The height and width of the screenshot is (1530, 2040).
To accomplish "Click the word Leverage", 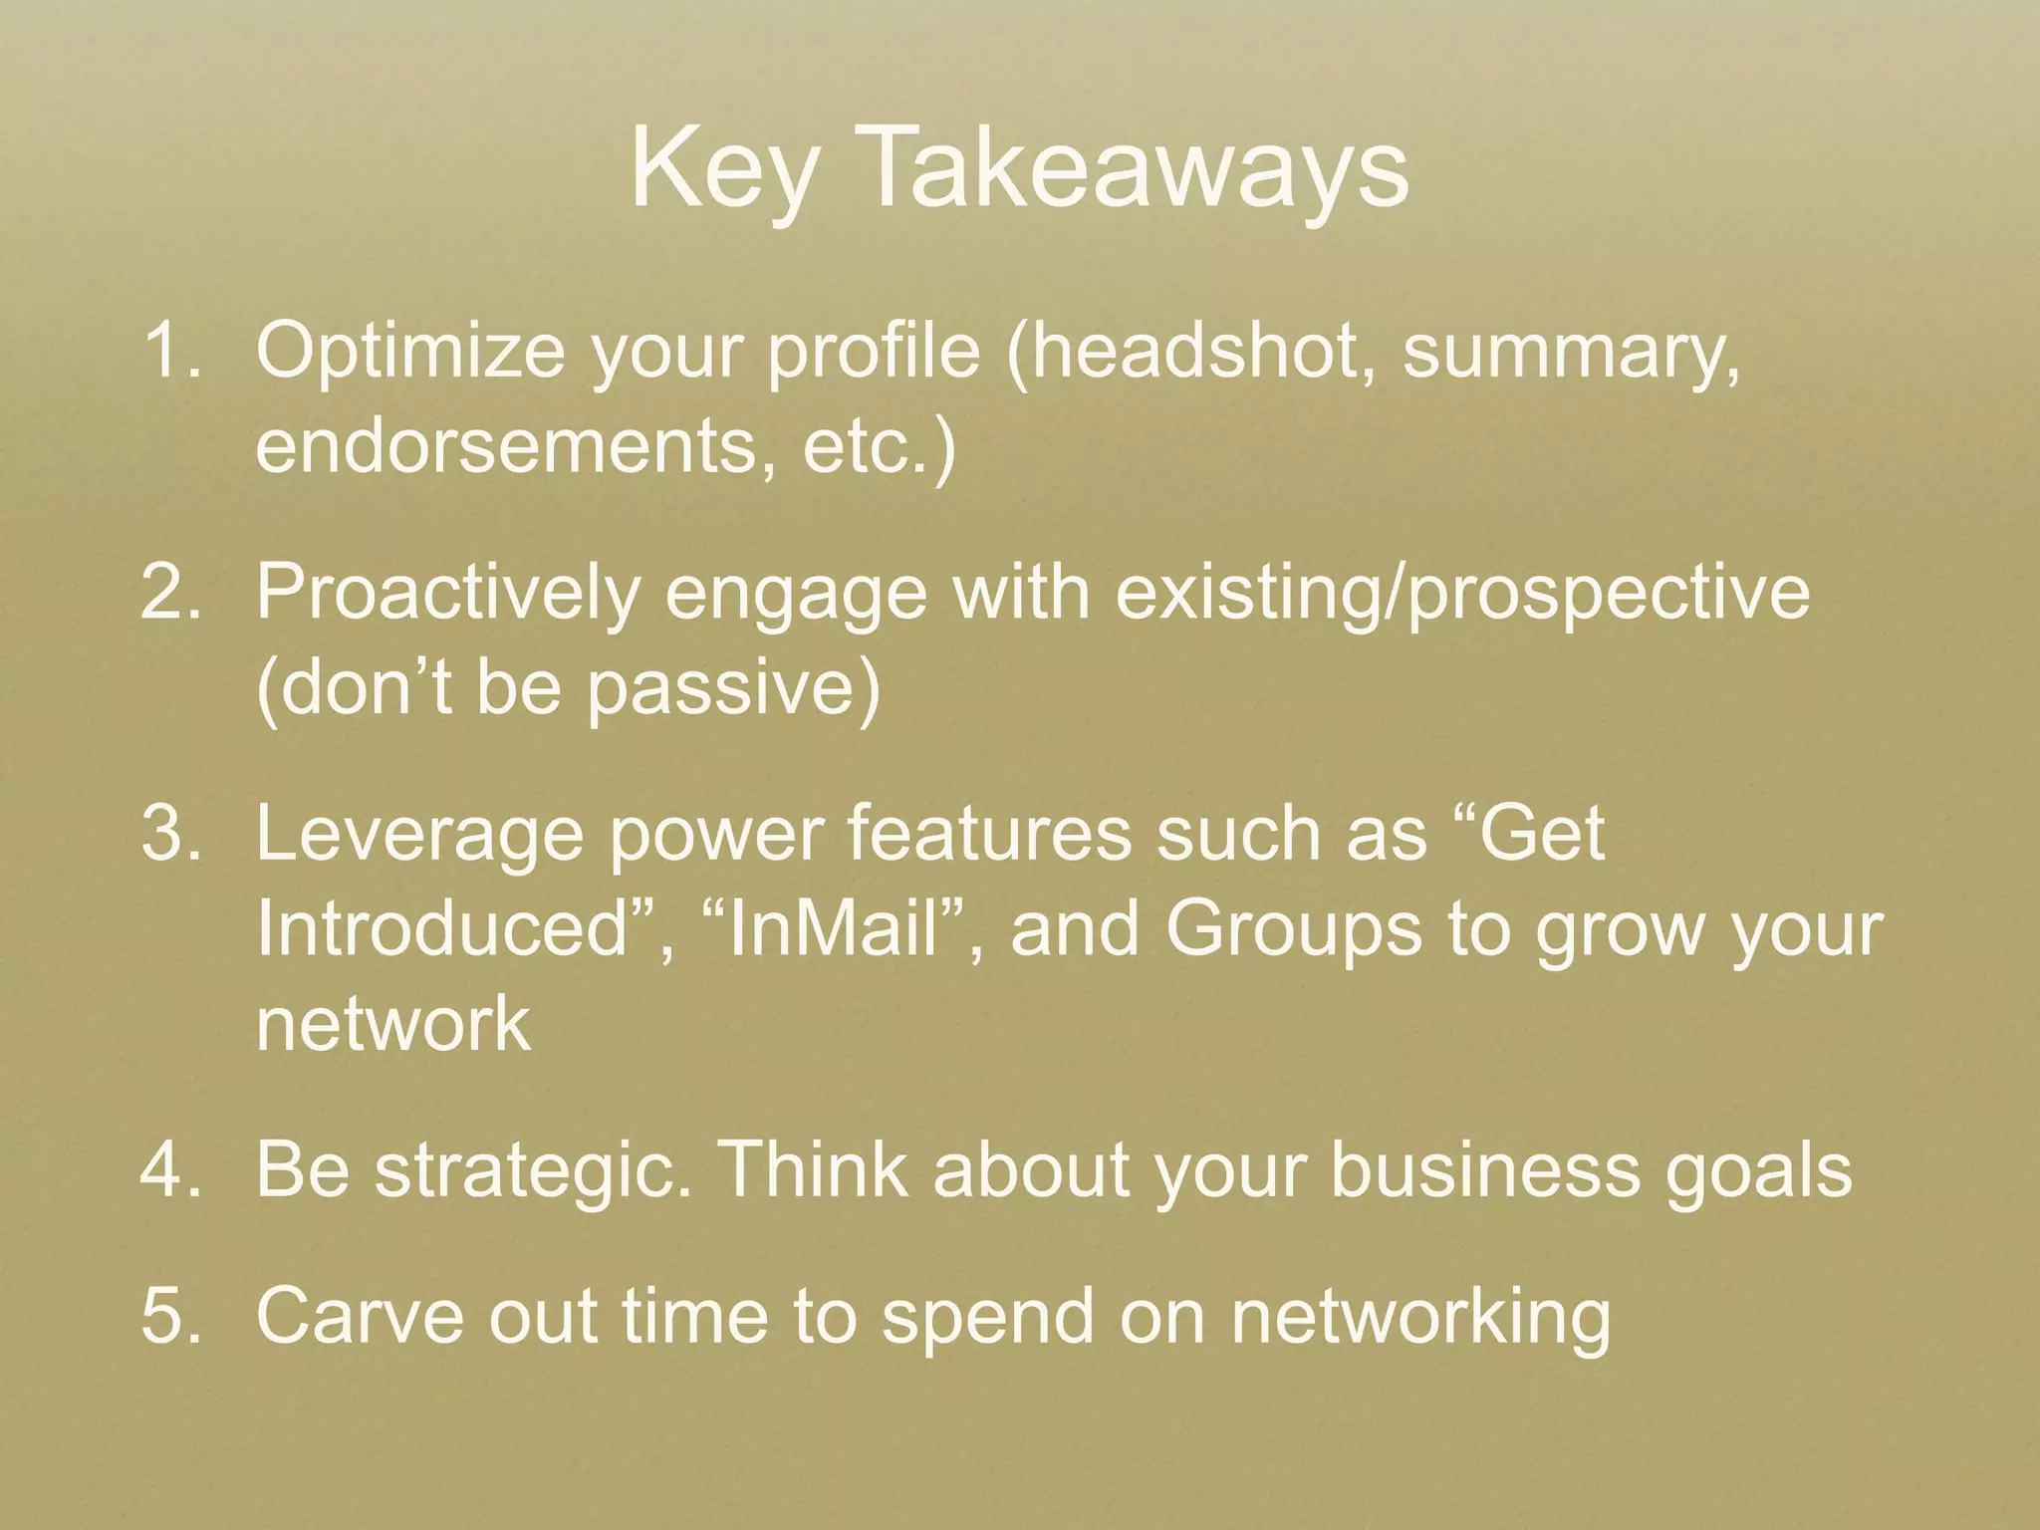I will click(419, 835).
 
